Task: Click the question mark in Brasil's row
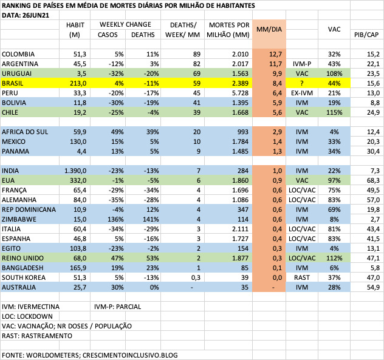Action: (x=300, y=83)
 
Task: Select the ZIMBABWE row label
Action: (x=20, y=219)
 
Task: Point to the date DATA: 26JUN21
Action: (x=26, y=15)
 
